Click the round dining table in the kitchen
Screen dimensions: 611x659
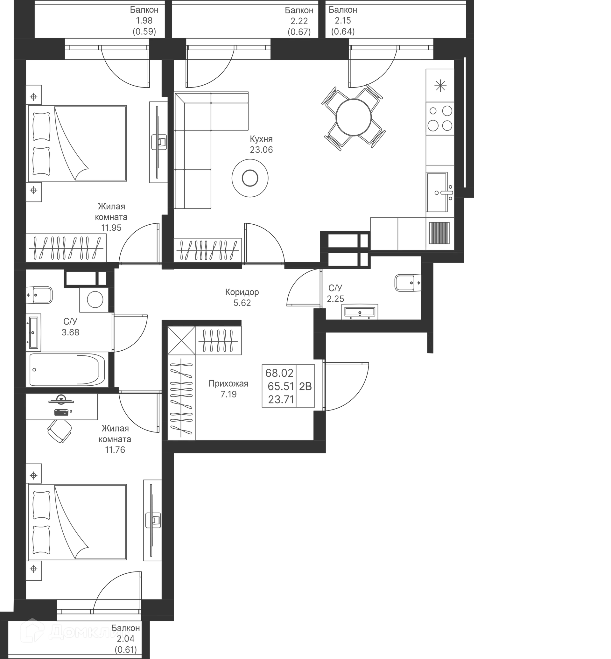pyautogui.click(x=354, y=117)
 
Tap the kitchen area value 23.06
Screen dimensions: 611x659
pyautogui.click(x=261, y=150)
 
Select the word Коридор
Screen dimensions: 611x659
pyautogui.click(x=242, y=292)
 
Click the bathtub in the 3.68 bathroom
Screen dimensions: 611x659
pyautogui.click(x=67, y=369)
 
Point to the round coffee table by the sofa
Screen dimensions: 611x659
pyautogui.click(x=250, y=178)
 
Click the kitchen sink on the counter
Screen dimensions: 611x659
pyautogui.click(x=437, y=192)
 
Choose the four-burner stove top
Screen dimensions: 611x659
pyautogui.click(x=440, y=118)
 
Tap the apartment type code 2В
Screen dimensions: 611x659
pyautogui.click(x=305, y=386)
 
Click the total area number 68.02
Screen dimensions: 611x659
pyautogui.click(x=279, y=373)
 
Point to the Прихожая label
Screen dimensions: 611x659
pyautogui.click(x=228, y=383)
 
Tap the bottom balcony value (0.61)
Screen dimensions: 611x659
pyautogui.click(x=126, y=650)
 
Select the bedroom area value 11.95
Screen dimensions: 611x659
pyautogui.click(x=111, y=228)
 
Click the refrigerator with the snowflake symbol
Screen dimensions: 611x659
pyautogui.click(x=440, y=85)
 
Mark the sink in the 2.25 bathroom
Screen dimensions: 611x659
pyautogui.click(x=360, y=312)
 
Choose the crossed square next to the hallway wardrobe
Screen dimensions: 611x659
pyautogui.click(x=181, y=340)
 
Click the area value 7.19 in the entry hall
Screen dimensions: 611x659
pyautogui.click(x=228, y=394)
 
